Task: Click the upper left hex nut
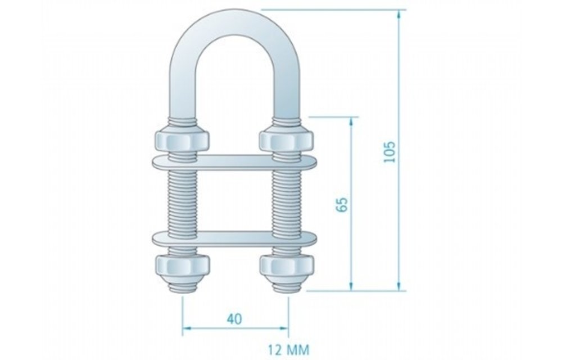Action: (181, 140)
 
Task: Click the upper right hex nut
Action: (285, 140)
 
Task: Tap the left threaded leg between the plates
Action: (181, 200)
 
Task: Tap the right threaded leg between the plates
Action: (285, 200)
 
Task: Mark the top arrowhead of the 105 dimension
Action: (400, 14)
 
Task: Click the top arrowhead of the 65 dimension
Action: (352, 121)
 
